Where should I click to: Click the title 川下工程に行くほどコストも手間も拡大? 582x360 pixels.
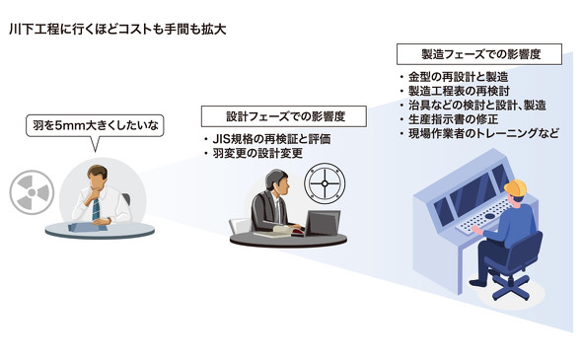click(117, 29)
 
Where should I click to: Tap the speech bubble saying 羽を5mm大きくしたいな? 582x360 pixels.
click(95, 126)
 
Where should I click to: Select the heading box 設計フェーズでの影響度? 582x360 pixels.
click(284, 116)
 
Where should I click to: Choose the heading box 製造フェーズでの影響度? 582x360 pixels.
click(479, 54)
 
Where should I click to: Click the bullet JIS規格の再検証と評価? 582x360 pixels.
click(267, 139)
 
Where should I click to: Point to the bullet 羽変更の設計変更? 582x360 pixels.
click(254, 153)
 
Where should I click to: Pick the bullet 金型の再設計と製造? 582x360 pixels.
click(454, 77)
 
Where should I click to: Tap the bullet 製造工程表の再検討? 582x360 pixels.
click(455, 92)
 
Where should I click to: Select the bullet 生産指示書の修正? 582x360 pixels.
click(449, 119)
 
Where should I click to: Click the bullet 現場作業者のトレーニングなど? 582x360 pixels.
click(479, 133)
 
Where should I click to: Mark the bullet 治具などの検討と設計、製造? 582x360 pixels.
click(473, 106)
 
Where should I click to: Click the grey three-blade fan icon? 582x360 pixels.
click(32, 192)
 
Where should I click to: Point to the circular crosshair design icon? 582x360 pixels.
click(325, 183)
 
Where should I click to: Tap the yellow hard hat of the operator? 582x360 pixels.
click(515, 188)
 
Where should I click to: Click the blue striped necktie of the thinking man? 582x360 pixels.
click(96, 208)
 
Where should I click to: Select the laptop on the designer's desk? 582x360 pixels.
click(323, 223)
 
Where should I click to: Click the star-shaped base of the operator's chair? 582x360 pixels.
click(510, 285)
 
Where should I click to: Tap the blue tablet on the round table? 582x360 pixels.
click(88, 227)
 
